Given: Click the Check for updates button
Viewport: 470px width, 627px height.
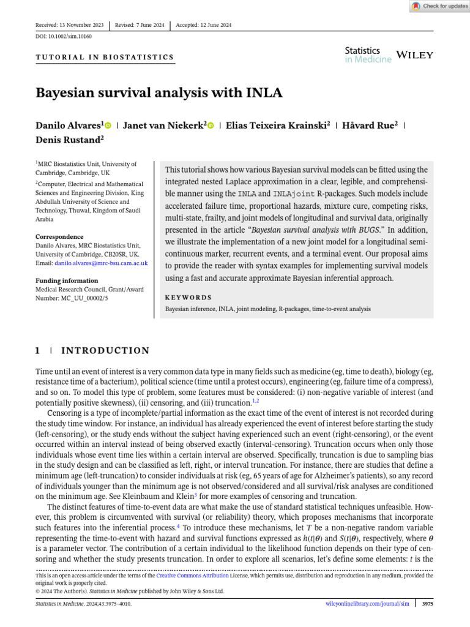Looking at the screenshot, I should (x=439, y=6).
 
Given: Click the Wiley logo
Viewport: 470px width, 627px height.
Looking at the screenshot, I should (x=415, y=55).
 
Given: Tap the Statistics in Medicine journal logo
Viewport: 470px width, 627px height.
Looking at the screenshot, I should (x=367, y=55).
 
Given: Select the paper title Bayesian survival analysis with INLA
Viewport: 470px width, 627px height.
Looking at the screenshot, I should (x=159, y=93).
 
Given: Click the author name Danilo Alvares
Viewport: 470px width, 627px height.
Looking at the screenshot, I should (x=69, y=125).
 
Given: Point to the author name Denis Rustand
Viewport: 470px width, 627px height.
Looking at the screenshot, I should (x=68, y=140).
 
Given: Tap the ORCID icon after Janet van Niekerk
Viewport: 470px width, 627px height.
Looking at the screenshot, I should (x=211, y=126).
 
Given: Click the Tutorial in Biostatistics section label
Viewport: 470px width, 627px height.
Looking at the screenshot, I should (x=105, y=58).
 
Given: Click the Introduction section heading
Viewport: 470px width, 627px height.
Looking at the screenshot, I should (x=105, y=351).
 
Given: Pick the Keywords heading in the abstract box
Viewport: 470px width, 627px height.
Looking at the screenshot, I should (x=188, y=298).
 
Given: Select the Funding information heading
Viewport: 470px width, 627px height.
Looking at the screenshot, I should (x=66, y=280).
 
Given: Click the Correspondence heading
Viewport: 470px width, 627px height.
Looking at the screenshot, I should (x=59, y=236).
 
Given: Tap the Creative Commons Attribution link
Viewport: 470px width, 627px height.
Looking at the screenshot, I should (x=192, y=576).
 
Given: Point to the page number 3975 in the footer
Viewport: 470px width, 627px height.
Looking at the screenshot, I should (x=427, y=604).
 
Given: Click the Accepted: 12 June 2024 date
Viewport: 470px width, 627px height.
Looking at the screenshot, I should (x=203, y=25).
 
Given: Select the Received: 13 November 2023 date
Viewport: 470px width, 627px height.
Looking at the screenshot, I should (x=70, y=25).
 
